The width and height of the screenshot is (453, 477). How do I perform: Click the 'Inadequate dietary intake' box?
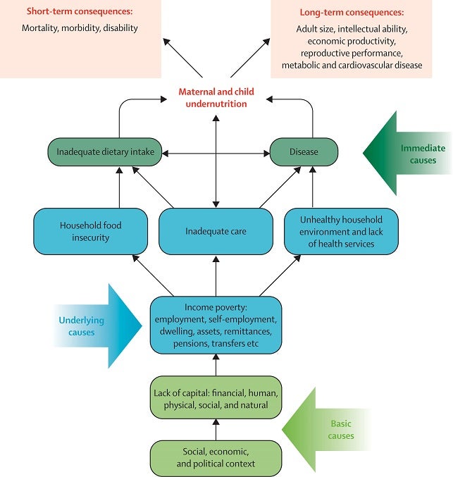pos(105,151)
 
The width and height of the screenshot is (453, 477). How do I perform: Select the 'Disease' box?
pos(304,151)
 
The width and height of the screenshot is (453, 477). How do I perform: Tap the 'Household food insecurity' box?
pos(91,232)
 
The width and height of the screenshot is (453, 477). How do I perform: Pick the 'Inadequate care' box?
pos(216,232)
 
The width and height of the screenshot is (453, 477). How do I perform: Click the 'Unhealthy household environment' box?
pos(341,232)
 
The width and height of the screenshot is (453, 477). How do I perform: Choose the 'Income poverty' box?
pos(216,326)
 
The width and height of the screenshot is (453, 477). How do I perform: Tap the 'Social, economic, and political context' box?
pos(216,458)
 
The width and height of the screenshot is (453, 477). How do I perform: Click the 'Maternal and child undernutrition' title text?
pos(216,98)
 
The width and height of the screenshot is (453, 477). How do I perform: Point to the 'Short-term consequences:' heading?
pos(80,11)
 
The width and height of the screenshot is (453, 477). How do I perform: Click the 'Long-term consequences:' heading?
pos(352,13)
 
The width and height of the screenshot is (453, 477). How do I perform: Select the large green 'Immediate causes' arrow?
pos(407,154)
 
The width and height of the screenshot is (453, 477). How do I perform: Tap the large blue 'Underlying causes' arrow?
pos(98,326)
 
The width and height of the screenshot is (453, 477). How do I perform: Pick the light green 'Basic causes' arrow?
pos(327,430)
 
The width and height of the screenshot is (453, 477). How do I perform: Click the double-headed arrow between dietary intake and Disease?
pos(216,154)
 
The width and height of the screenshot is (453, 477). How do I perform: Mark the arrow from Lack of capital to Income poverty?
pos(216,365)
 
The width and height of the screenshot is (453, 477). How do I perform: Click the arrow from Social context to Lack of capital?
pos(216,430)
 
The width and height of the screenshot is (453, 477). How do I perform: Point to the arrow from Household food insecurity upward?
pos(119,187)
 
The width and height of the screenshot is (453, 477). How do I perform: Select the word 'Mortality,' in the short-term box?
pos(40,28)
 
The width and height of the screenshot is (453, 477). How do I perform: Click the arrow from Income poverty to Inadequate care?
pos(216,276)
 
